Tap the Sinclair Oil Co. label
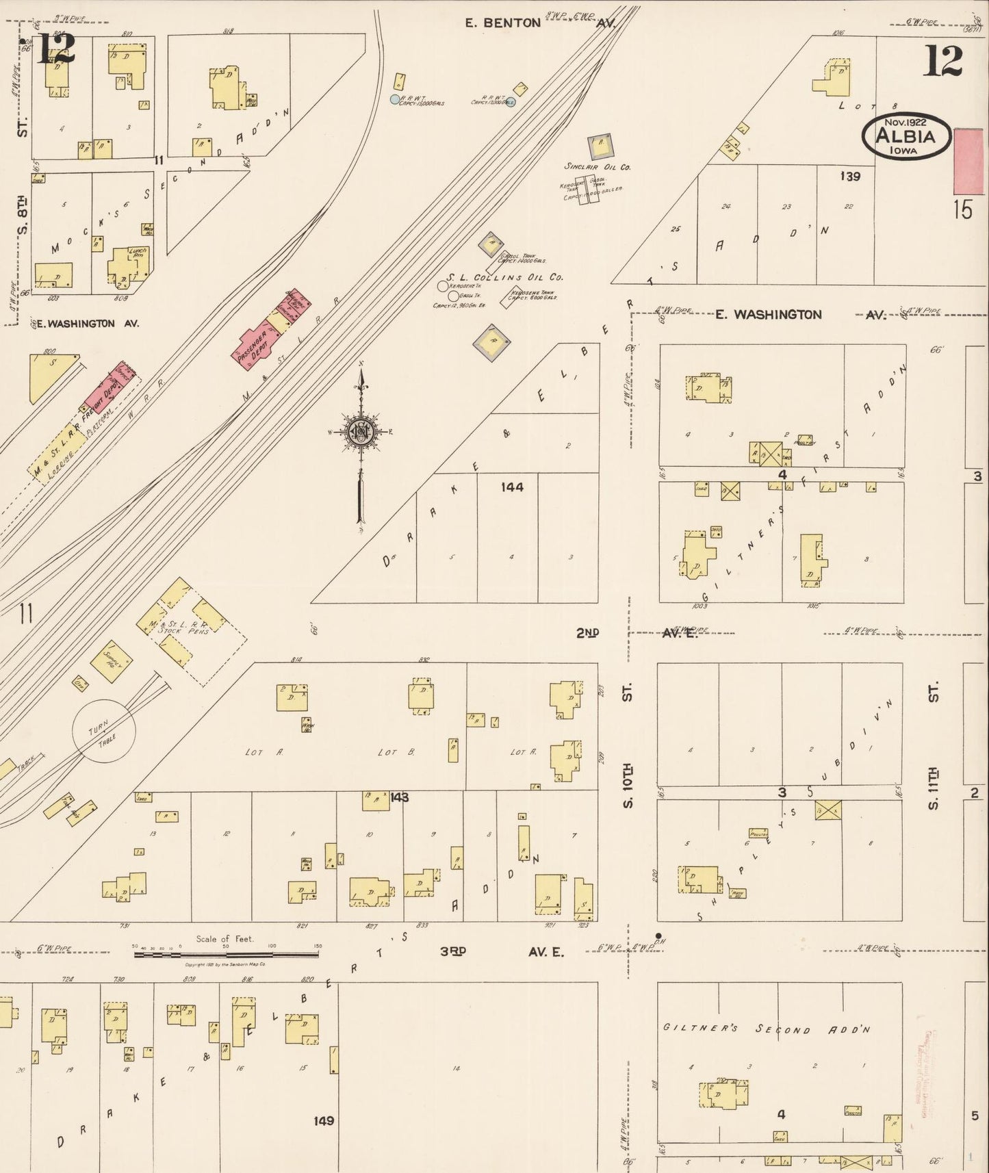point(597,166)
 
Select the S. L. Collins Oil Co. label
point(505,277)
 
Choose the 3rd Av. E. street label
point(502,951)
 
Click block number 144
point(512,487)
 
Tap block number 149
point(324,1120)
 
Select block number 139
point(849,177)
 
